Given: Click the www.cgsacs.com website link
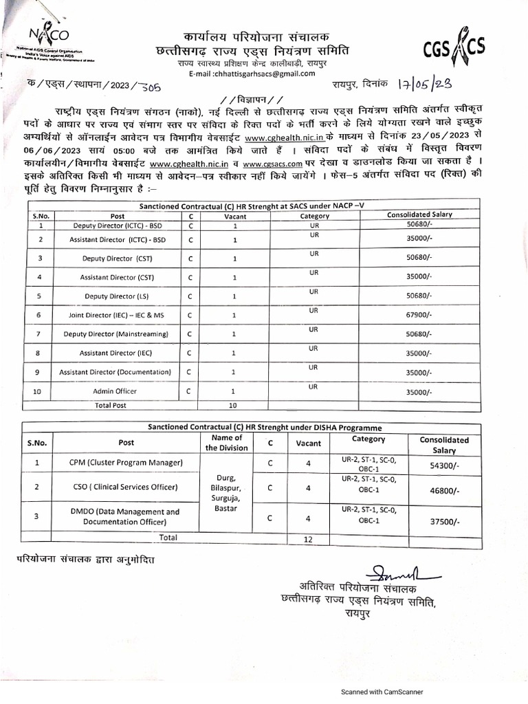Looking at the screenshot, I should tap(273, 164).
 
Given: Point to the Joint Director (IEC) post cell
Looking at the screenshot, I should tap(116, 316).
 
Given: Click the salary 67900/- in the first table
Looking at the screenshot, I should tap(419, 316).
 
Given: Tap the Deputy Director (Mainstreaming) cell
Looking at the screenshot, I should tap(116, 334).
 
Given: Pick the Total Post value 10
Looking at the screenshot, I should tap(233, 406).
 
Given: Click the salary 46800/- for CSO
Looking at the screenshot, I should tap(444, 492).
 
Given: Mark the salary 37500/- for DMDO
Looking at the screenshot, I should tap(444, 521).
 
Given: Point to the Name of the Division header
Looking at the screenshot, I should tap(227, 442).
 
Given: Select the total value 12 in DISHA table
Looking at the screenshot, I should tap(308, 540).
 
